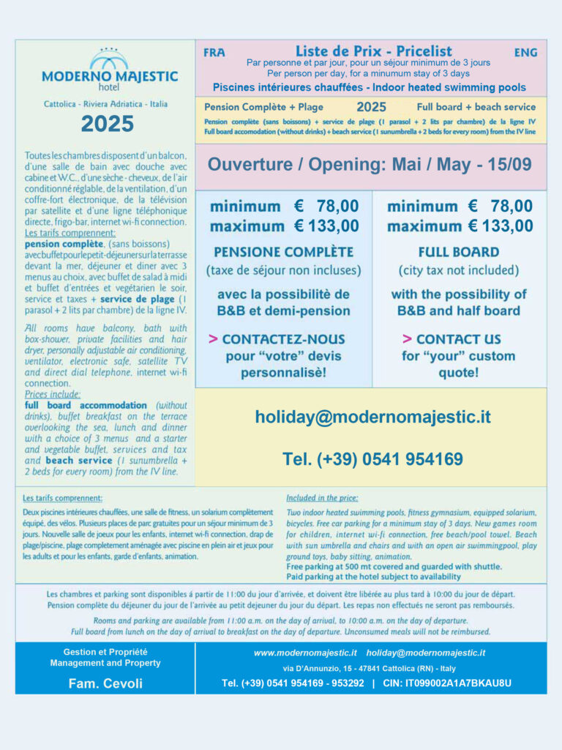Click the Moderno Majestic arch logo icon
point(108,59)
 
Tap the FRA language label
point(214,52)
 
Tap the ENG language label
point(525,52)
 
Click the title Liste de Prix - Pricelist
point(373,51)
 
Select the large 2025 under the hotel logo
point(108,123)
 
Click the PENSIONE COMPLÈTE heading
point(283,252)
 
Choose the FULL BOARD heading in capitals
point(459,252)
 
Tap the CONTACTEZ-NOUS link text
point(283,339)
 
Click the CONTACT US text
point(459,339)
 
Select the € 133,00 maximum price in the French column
point(326,226)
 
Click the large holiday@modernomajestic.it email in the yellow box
point(372,417)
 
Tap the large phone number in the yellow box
point(372,459)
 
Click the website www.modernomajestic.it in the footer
point(305,653)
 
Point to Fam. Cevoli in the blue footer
point(105,683)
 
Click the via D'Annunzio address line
point(369,668)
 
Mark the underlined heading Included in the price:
point(323,497)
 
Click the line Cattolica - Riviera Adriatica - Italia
point(105,104)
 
